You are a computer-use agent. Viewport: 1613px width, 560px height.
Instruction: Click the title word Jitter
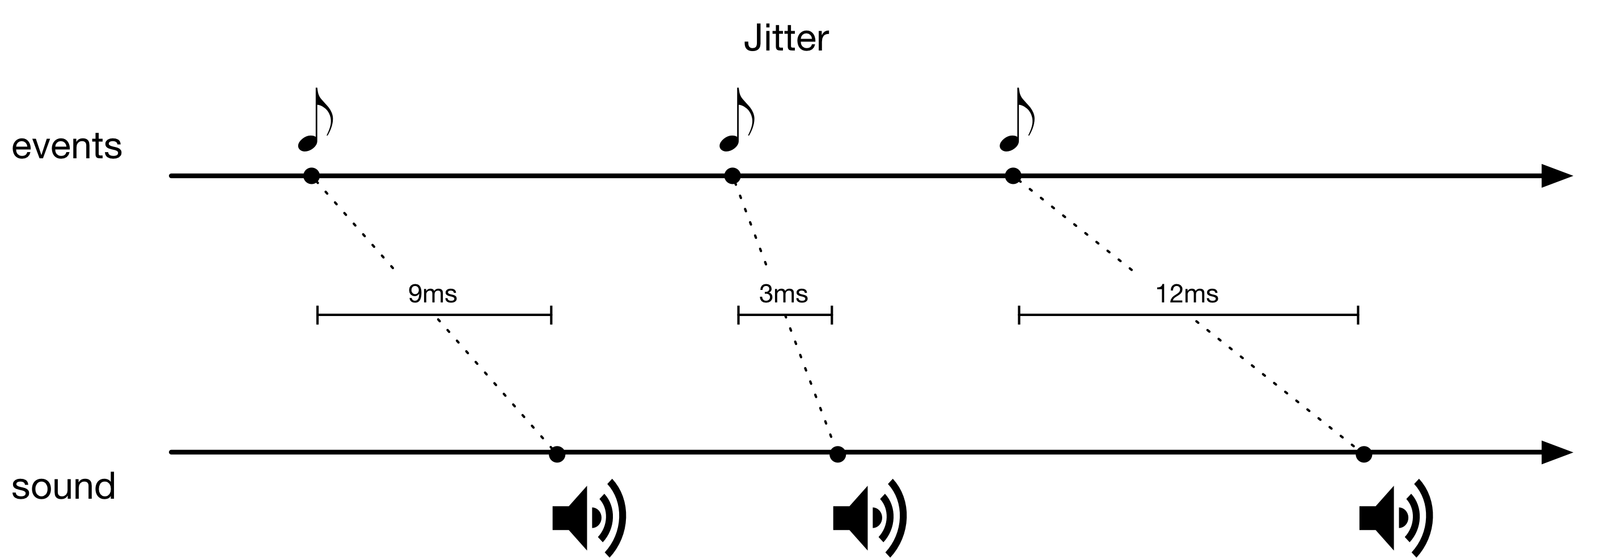point(786,39)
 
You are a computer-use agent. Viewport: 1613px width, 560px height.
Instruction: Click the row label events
point(67,146)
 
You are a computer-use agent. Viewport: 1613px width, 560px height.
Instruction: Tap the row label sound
point(64,486)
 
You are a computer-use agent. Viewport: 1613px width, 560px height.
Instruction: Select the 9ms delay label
point(433,294)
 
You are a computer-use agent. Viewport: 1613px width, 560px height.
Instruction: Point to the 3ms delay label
point(784,294)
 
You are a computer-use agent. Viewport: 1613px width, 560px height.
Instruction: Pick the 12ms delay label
point(1187,294)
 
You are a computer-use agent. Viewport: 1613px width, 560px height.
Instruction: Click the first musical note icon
point(315,120)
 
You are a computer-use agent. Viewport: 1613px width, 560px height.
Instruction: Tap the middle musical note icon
point(736,120)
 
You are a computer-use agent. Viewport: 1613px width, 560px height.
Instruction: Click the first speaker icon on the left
point(589,517)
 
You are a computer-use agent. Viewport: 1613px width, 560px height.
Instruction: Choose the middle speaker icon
point(869,517)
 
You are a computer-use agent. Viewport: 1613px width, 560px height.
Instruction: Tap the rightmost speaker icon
point(1396,517)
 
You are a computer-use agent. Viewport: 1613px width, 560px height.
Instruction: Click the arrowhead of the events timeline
point(1555,176)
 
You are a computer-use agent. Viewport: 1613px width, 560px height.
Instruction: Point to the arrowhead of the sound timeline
point(1555,452)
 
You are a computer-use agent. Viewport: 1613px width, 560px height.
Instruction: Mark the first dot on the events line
point(311,176)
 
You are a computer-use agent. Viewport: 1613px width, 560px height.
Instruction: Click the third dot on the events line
point(1013,176)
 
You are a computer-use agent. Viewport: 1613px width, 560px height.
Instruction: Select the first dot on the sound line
point(557,454)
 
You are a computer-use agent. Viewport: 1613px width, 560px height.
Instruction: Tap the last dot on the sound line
point(1364,454)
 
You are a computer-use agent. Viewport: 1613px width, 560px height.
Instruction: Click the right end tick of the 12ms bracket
point(1357,315)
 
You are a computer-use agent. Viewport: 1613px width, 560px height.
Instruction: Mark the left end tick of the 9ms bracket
point(317,315)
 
